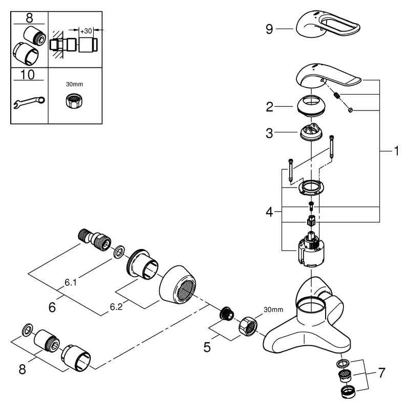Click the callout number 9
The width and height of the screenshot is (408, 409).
270,30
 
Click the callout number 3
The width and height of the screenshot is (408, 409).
270,133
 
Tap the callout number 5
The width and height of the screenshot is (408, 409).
207,347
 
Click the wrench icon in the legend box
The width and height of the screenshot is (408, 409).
29,102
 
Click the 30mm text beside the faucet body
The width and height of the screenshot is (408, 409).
273,309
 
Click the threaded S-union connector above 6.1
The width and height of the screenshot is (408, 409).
95,239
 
